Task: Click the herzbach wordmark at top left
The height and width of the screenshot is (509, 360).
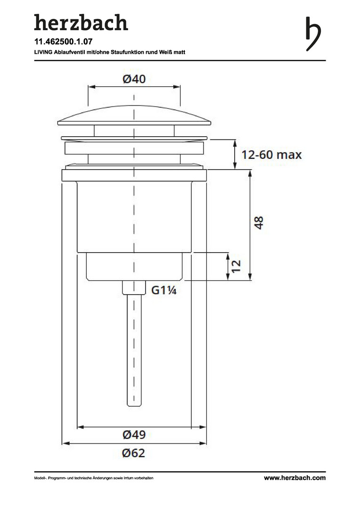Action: [81, 23]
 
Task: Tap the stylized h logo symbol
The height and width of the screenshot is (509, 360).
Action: [313, 34]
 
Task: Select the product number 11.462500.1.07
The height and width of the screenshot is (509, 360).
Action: [63, 41]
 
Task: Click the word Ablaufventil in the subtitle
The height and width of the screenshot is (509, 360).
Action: [68, 52]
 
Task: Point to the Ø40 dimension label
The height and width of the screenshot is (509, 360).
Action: [134, 79]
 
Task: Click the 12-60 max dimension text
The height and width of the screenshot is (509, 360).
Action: [271, 155]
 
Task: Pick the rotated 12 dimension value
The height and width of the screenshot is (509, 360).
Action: [236, 266]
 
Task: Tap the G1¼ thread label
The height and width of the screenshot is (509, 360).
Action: [164, 290]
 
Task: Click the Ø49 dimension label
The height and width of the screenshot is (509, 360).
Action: [134, 435]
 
